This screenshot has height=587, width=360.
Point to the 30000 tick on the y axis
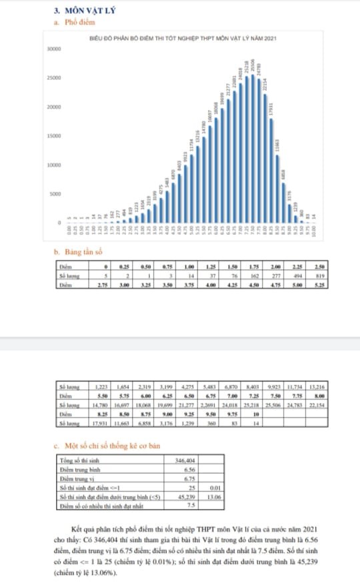click(x=54, y=49)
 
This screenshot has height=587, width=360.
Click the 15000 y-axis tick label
click(x=54, y=135)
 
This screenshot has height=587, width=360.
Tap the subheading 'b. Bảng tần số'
click(x=78, y=253)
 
